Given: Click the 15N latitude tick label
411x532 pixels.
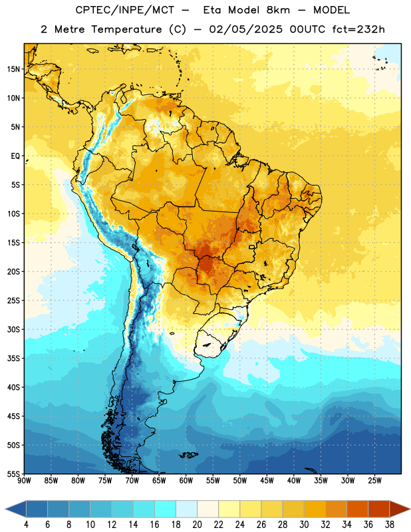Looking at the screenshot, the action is coord(13,69).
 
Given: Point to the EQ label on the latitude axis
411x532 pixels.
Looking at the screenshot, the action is coord(15,156).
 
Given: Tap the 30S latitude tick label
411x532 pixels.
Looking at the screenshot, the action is coord(13,329).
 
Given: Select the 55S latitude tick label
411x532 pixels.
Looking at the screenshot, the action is coord(13,474).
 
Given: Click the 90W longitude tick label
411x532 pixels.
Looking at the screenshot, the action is coord(24,481).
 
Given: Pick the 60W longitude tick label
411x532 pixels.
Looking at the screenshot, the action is coord(186,481).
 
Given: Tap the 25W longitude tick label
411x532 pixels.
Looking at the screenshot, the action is coord(374,481).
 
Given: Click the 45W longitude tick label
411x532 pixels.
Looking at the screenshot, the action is coord(267,481).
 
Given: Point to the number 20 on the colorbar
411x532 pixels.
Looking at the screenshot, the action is coord(197,525).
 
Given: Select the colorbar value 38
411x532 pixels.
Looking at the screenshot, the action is coord(390,525).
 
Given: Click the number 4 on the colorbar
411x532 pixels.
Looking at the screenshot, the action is coord(26,525).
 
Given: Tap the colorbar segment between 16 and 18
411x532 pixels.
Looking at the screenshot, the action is coord(165,509).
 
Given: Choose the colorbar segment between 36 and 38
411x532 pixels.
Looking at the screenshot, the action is coord(379,509).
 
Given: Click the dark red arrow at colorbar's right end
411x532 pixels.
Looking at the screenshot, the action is coord(400,509).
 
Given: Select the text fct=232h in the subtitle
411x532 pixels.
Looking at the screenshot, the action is coord(358,29).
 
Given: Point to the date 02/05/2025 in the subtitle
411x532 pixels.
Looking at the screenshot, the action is coord(245,29).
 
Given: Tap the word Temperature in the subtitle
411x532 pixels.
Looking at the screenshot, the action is coord(127,29).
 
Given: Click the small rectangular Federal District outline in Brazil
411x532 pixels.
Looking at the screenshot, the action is coord(252,247).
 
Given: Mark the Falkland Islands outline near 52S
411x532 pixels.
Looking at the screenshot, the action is coord(188,455).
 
